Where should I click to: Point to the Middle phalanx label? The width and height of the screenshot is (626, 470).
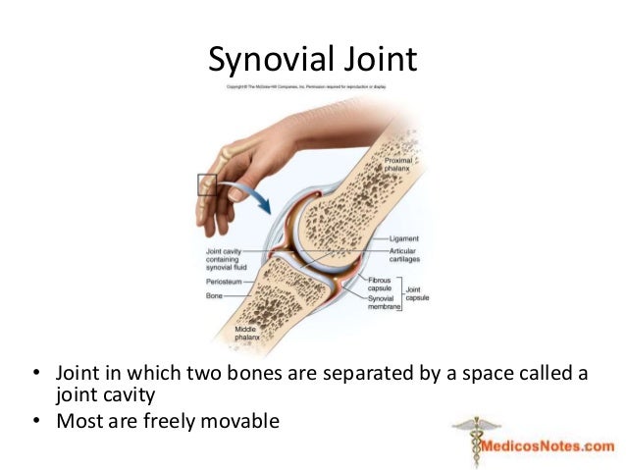click(245, 333)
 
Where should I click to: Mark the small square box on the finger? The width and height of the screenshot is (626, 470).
click(207, 183)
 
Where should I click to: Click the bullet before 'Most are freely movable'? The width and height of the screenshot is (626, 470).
click(36, 423)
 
